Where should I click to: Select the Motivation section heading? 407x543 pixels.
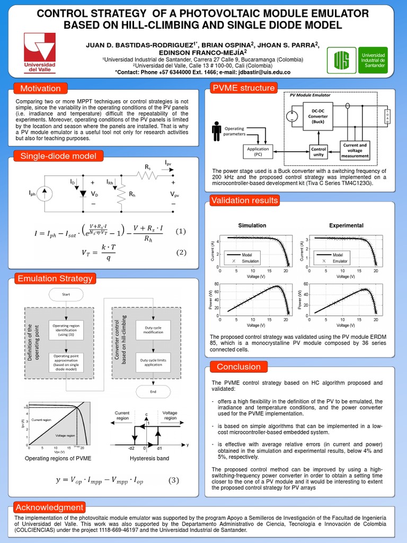[x=40, y=88]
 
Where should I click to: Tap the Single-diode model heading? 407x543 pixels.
[x=58, y=155]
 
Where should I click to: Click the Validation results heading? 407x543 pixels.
[x=244, y=200]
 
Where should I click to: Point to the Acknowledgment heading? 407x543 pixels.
[x=49, y=507]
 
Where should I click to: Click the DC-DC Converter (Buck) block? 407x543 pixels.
[x=318, y=117]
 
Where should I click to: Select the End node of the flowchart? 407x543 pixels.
[x=153, y=392]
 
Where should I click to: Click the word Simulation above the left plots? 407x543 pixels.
[x=252, y=225]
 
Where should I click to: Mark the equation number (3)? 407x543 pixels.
[x=174, y=480]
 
